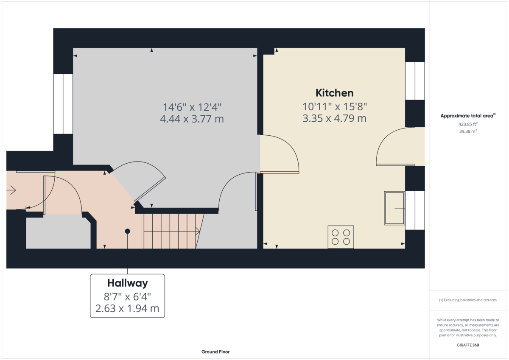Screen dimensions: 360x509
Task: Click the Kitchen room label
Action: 334,93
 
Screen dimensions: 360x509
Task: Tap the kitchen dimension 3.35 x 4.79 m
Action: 334,119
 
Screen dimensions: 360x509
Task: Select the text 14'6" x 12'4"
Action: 192,107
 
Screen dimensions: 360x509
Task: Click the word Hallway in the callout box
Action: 127,283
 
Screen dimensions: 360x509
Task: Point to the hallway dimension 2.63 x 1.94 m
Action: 127,309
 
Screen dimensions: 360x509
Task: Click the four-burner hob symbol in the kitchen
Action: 341,237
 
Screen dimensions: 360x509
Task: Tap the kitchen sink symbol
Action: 394,208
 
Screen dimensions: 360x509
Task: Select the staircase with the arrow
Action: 171,231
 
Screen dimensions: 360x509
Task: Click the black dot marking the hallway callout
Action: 127,231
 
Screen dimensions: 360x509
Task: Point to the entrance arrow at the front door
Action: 11,190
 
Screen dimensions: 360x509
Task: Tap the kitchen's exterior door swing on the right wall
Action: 394,147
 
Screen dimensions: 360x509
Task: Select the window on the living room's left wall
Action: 63,104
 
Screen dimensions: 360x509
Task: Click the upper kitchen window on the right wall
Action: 414,81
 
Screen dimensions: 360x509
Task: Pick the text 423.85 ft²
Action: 468,124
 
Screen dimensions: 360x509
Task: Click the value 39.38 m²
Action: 468,131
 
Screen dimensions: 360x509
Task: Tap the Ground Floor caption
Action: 215,352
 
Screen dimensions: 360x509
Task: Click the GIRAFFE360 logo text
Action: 468,345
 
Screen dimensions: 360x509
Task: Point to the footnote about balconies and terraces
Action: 468,300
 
